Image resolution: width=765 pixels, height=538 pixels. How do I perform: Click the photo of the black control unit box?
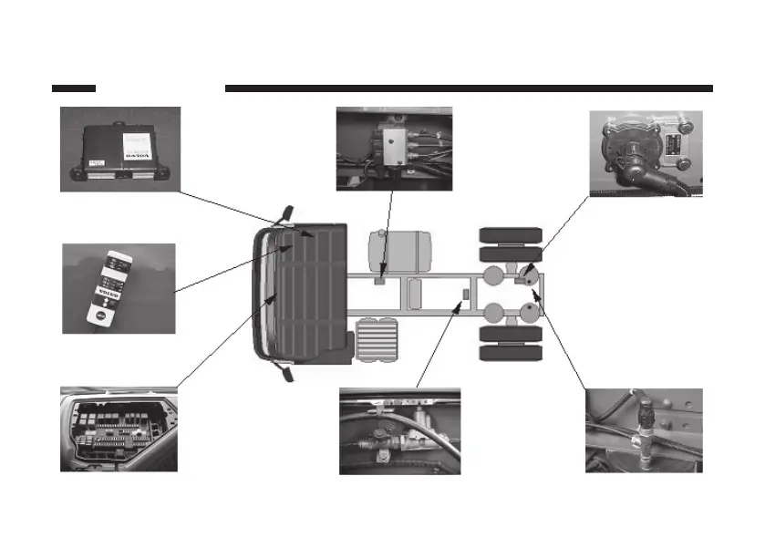tap(119, 149)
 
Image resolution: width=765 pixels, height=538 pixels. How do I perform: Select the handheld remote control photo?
tap(119, 287)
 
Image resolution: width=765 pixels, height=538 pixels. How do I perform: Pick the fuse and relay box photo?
tap(119, 429)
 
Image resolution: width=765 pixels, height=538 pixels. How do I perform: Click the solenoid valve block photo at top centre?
tap(394, 148)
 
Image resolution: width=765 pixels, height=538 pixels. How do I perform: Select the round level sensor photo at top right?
tap(646, 153)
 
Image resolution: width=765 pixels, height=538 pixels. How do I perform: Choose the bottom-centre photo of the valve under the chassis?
tap(399, 430)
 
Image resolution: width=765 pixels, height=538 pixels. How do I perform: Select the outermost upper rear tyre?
tap(511, 234)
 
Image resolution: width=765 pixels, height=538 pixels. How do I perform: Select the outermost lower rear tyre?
tap(511, 352)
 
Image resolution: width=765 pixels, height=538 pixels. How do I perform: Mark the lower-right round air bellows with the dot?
tap(528, 314)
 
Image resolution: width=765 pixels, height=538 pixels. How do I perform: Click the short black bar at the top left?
tap(74, 88)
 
